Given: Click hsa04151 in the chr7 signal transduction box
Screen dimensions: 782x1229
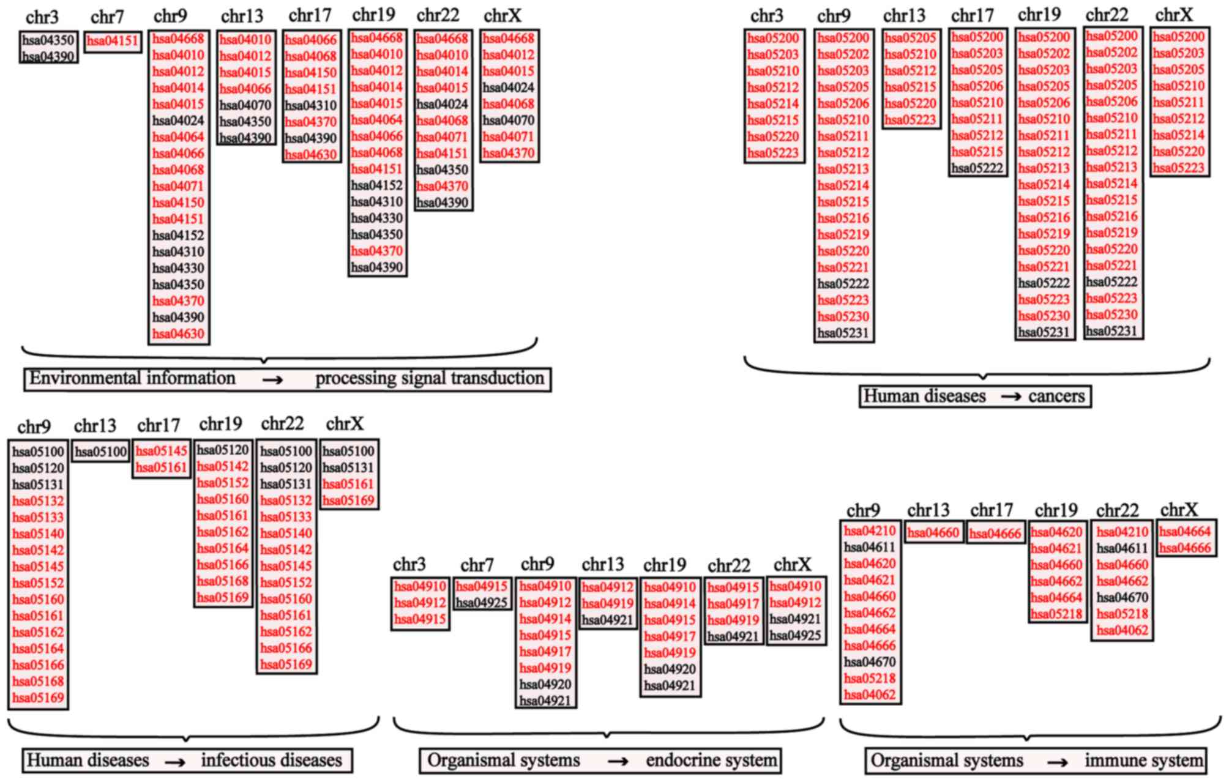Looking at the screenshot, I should tap(113, 42).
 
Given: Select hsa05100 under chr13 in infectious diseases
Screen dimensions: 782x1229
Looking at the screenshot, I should tap(101, 452).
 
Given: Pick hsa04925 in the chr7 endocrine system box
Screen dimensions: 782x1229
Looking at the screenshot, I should tap(482, 603).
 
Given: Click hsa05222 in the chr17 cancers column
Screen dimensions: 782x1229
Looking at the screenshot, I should tap(977, 168).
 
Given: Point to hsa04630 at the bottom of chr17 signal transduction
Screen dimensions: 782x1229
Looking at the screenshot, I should tap(311, 154).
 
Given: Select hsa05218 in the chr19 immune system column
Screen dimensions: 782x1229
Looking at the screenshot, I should tap(1057, 614).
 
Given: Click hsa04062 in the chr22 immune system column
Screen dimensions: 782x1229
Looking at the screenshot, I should tap(1122, 630).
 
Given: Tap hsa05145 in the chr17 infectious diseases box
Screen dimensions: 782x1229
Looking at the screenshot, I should tap(162, 452).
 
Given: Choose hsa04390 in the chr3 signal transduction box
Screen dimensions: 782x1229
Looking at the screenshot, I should tap(48, 57).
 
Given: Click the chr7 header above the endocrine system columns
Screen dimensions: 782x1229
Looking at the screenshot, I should tap(477, 565).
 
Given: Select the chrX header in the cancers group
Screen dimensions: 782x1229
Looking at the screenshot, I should tap(1174, 15).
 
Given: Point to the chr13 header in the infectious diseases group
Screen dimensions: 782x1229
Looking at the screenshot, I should tap(95, 426).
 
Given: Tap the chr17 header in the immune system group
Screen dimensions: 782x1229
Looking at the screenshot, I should tap(991, 510).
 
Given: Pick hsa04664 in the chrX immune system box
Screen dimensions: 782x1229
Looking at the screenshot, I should tap(1185, 532).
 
